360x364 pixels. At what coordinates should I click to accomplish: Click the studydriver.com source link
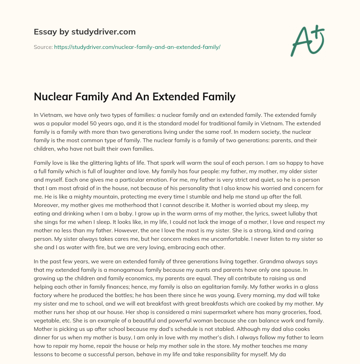(137, 47)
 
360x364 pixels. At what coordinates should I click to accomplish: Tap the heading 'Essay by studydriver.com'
(84, 32)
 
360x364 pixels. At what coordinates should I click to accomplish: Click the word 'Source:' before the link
(43, 47)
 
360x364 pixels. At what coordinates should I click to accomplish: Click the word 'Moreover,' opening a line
(46, 205)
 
